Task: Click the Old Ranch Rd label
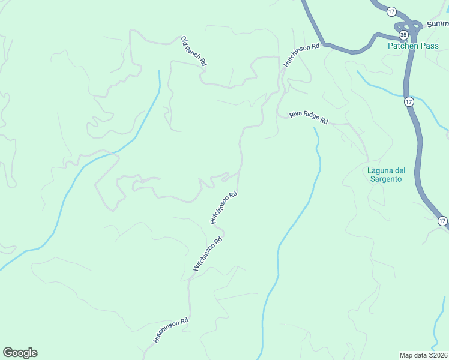pyautogui.click(x=194, y=51)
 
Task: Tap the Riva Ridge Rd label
pyautogui.click(x=309, y=118)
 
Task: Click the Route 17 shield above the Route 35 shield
pyautogui.click(x=391, y=11)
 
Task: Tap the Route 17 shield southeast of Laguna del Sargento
pyautogui.click(x=442, y=221)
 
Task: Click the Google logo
pyautogui.click(x=20, y=353)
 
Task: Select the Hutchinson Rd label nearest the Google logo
pyautogui.click(x=171, y=330)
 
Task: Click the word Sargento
pyautogui.click(x=388, y=179)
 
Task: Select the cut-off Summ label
pyautogui.click(x=437, y=25)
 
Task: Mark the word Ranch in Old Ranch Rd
pyautogui.click(x=194, y=50)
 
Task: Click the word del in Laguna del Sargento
pyautogui.click(x=399, y=170)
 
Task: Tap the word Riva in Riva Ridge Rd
pyautogui.click(x=295, y=114)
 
